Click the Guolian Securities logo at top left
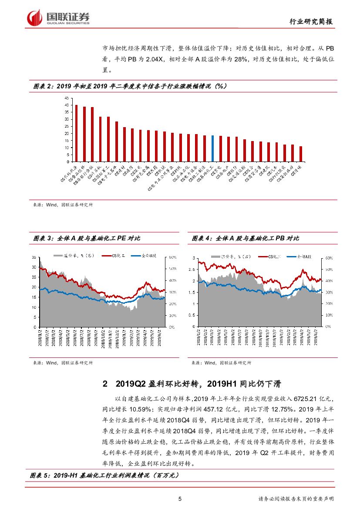pyautogui.click(x=58, y=17)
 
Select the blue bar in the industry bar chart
pyautogui.click(x=212, y=148)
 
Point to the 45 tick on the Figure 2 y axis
pyautogui.click(x=67, y=98)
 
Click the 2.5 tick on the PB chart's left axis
pyautogui.click(x=194, y=270)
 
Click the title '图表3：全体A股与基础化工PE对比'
pyautogui.click(x=87, y=239)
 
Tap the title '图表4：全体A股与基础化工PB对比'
pyautogui.click(x=246, y=239)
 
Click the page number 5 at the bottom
pyautogui.click(x=180, y=499)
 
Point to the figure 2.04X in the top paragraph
pyautogui.click(x=156, y=59)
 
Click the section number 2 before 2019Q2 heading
pyautogui.click(x=104, y=384)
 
